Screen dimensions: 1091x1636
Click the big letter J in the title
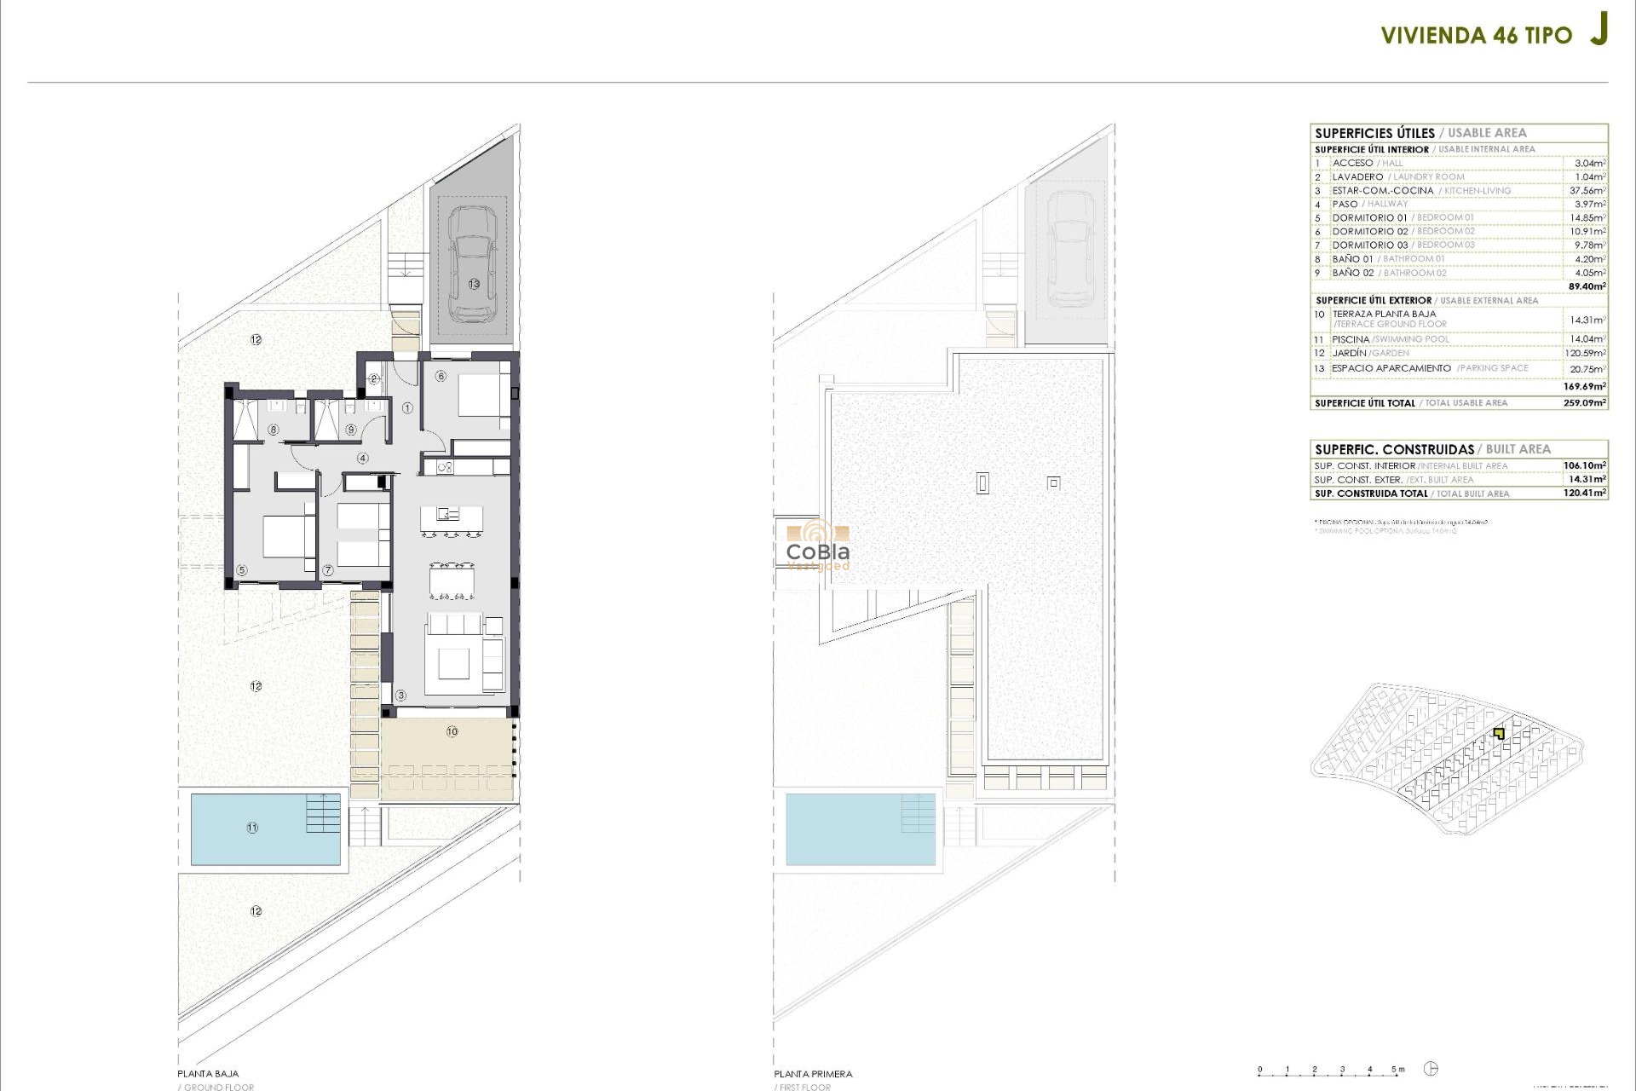click(1599, 29)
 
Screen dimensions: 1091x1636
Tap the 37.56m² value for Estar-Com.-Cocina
click(1587, 191)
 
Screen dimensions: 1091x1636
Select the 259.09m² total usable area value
click(1584, 403)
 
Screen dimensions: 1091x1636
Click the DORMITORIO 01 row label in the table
click(1369, 218)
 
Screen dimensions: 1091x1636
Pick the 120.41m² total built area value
click(1584, 494)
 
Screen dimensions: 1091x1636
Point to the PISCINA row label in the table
click(1351, 339)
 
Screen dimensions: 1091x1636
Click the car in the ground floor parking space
click(472, 264)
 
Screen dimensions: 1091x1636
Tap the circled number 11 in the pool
click(252, 828)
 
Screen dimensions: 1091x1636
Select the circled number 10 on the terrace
click(452, 731)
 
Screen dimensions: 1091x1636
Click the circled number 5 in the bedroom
click(242, 570)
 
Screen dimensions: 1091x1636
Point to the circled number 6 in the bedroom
click(441, 376)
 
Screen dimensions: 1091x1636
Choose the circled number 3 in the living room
click(401, 696)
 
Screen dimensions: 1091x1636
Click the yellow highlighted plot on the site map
click(1499, 733)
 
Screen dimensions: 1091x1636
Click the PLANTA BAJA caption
click(208, 1074)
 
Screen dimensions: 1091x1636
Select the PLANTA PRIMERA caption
click(813, 1074)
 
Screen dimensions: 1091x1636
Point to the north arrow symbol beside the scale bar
click(1431, 1069)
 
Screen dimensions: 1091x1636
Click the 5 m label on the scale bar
click(1397, 1069)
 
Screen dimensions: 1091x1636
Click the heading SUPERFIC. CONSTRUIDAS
click(1394, 449)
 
